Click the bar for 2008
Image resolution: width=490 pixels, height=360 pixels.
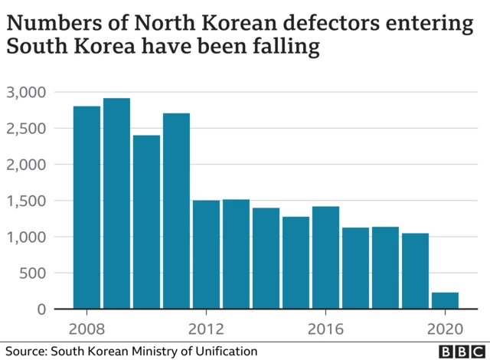pos(87,208)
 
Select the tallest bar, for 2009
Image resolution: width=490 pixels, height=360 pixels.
pos(116,204)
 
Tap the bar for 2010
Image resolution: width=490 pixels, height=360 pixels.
pos(146,222)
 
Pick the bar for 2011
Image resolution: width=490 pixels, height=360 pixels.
pos(176,211)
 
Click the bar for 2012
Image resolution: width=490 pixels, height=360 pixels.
pos(206,254)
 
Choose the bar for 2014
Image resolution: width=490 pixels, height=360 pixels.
pos(266,258)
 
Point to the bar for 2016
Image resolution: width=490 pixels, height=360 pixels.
pos(325,257)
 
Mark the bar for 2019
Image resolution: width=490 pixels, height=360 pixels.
pos(415,271)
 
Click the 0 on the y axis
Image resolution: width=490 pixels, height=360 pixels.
pos(42,309)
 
